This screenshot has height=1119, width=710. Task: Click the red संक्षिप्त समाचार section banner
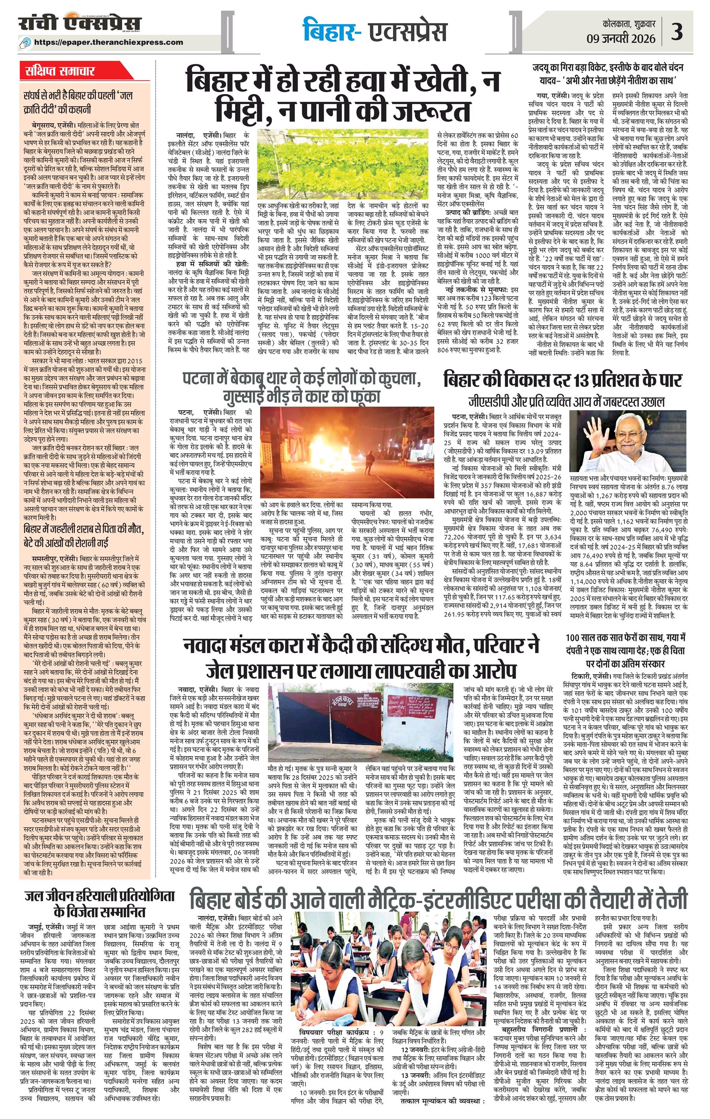pyautogui.click(x=60, y=71)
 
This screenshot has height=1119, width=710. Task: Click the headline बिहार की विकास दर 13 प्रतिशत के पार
pyautogui.click(x=562, y=380)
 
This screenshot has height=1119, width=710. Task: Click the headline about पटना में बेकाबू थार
pyautogui.click(x=302, y=386)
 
